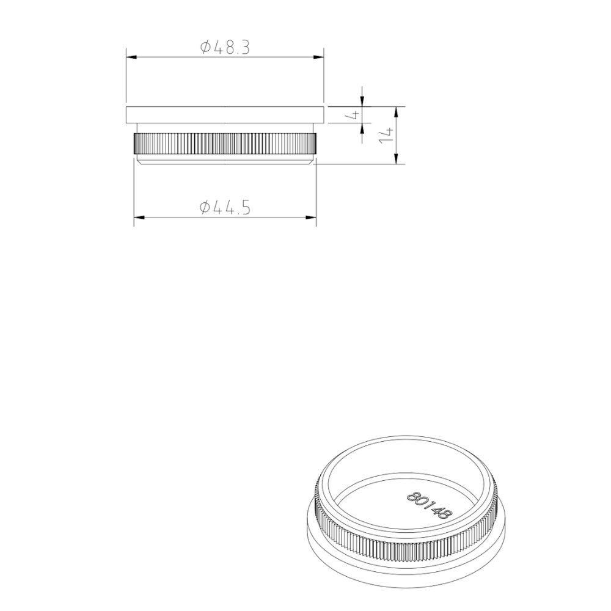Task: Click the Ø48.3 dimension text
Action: (225, 48)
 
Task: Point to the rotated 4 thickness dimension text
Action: (353, 114)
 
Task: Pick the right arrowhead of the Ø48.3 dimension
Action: (319, 57)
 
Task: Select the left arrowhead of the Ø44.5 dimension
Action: (138, 217)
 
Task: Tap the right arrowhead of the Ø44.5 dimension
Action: (312, 217)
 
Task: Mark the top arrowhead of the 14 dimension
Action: (397, 111)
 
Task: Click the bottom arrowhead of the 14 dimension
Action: (397, 160)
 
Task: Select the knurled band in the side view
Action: (224, 144)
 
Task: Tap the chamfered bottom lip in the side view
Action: (224, 160)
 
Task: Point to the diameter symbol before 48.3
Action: (205, 48)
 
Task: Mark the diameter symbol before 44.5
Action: (205, 208)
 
